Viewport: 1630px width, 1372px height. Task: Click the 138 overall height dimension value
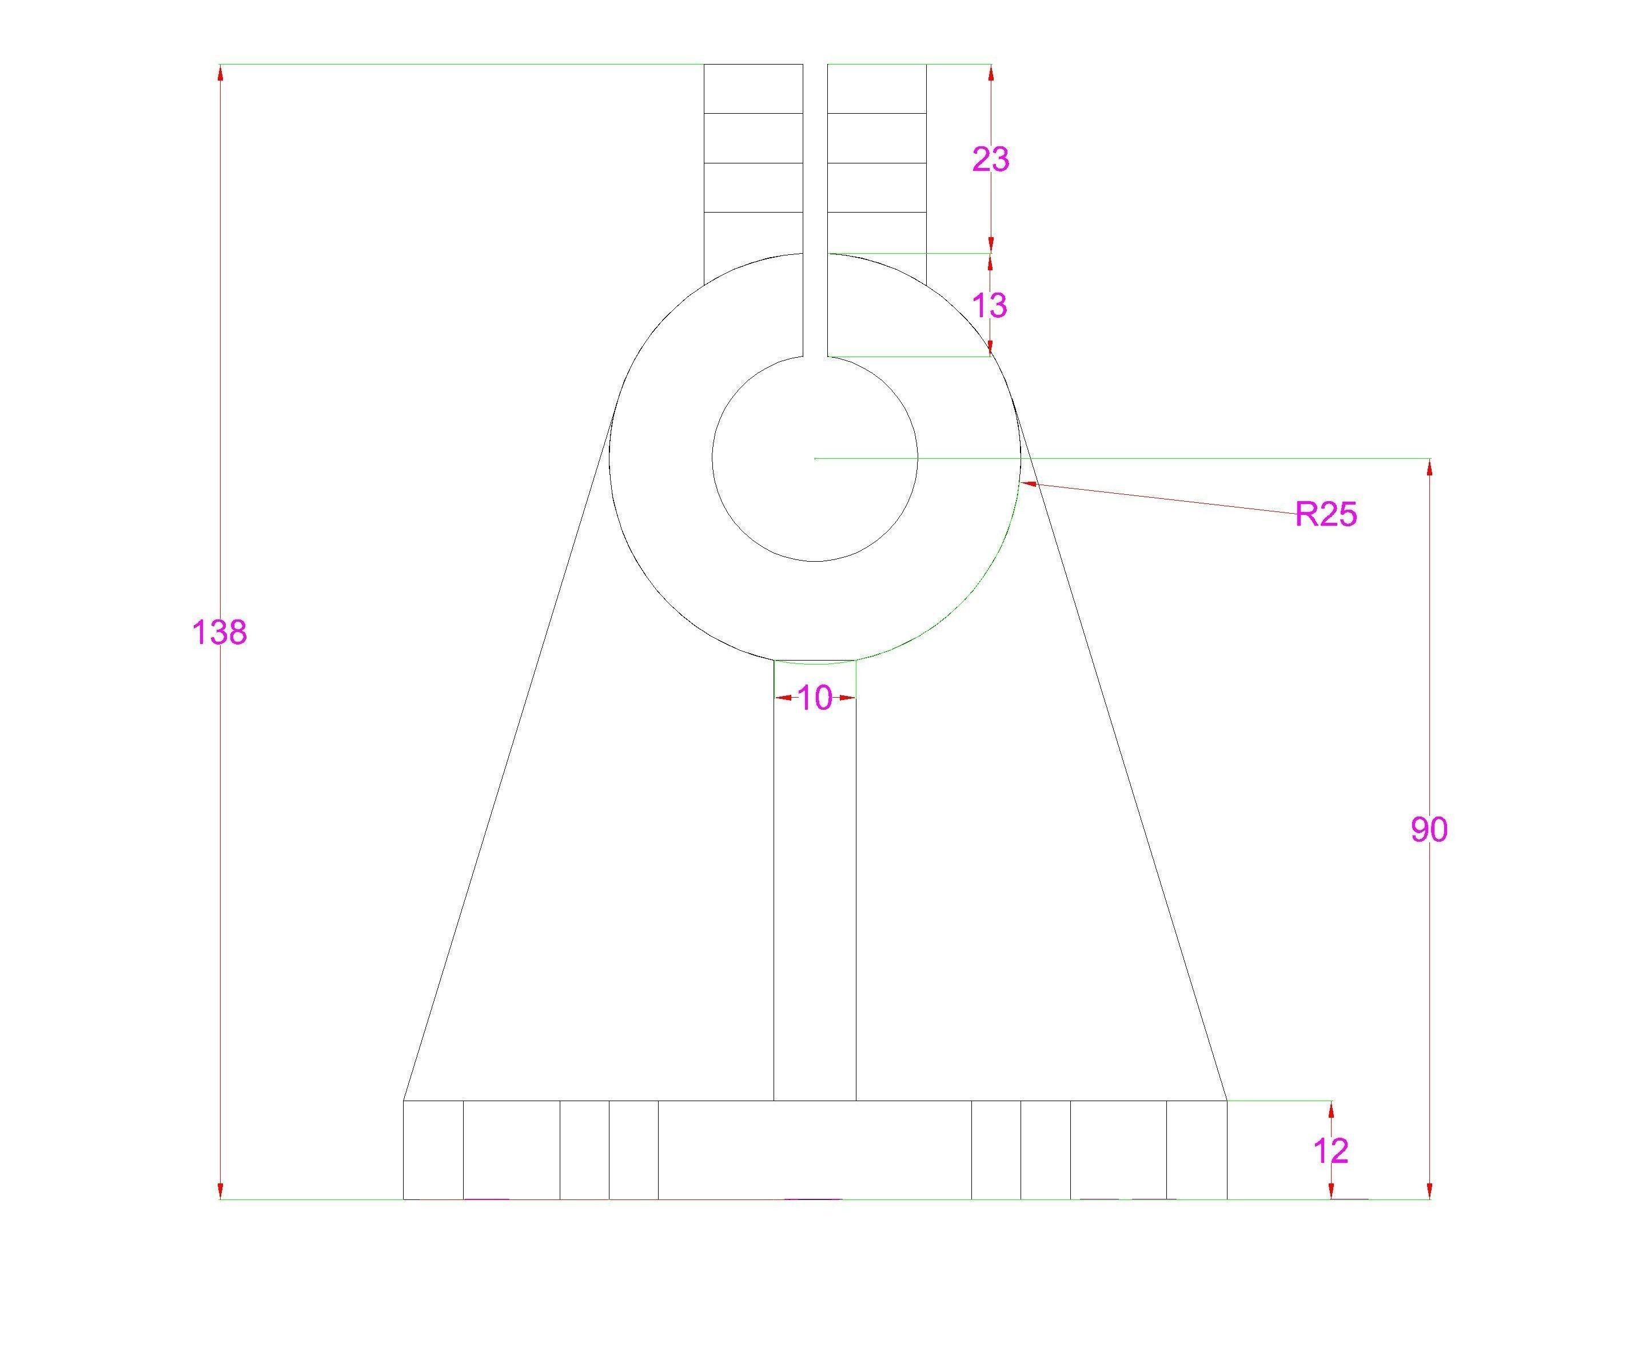(x=220, y=633)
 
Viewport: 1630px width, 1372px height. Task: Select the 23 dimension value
(x=990, y=159)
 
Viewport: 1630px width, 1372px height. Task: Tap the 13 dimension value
(x=990, y=306)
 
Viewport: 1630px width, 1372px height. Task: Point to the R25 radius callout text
(x=1326, y=515)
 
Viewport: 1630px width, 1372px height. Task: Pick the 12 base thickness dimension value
(x=1330, y=1151)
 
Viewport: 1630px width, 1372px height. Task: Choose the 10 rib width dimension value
(x=815, y=698)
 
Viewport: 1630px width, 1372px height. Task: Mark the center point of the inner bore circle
(x=815, y=459)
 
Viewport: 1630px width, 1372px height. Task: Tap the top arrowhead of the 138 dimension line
(x=220, y=71)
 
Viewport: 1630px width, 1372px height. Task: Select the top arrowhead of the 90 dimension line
(x=1429, y=467)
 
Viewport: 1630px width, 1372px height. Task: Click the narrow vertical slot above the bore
(x=815, y=210)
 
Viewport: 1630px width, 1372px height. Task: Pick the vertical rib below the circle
(x=815, y=879)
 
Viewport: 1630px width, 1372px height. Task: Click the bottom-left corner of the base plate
(x=403, y=1199)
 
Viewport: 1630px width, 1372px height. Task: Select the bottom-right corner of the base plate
(x=1227, y=1199)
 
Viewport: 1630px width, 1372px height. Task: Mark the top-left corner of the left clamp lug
(x=704, y=65)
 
